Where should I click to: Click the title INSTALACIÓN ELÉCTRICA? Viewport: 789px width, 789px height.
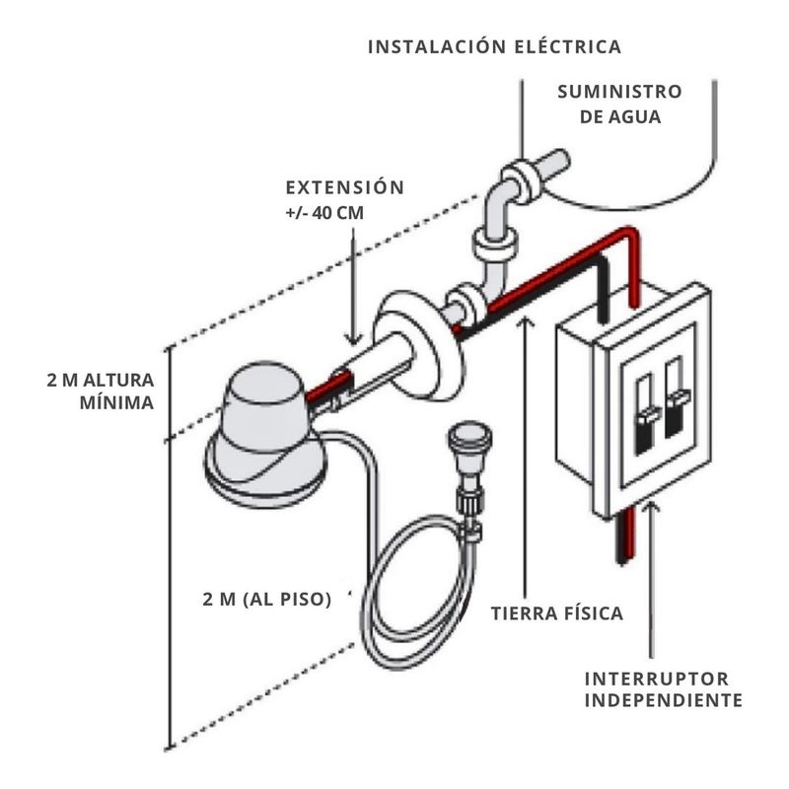tap(493, 46)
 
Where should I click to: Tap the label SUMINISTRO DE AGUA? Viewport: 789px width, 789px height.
tap(618, 104)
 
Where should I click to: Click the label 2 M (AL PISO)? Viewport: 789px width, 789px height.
tap(265, 599)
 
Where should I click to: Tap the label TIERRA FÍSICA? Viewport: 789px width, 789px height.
tap(557, 613)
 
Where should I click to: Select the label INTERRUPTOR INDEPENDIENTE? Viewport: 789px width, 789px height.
tap(662, 690)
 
